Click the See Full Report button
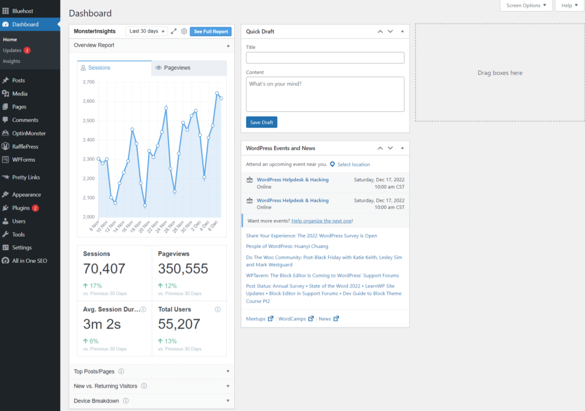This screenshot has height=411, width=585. tap(210, 31)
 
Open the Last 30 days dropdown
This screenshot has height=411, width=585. tap(146, 31)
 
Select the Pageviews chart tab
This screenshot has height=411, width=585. tap(189, 68)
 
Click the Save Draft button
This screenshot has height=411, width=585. tap(262, 122)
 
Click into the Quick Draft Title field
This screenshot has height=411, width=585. tap(325, 58)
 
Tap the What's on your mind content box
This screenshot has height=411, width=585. tap(325, 94)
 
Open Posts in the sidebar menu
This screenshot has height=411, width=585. tap(19, 81)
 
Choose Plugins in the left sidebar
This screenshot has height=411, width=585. tap(21, 208)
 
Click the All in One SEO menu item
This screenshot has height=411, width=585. tap(29, 261)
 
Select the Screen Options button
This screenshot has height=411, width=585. tap(526, 6)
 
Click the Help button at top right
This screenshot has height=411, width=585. tap(569, 6)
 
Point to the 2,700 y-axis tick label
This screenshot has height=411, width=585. tap(88, 82)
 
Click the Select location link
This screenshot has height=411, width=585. tap(353, 165)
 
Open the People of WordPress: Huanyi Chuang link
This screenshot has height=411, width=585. tap(287, 246)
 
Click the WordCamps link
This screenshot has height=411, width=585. tap(292, 319)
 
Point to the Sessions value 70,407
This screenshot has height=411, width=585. tap(104, 269)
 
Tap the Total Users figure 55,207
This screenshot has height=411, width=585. tap(179, 324)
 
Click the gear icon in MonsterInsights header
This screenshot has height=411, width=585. tap(184, 31)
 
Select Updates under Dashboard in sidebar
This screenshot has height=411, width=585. tap(12, 50)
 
